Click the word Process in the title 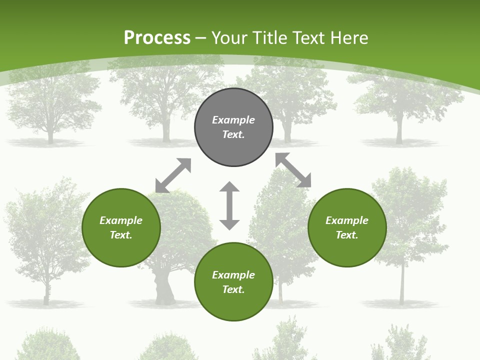pyautogui.click(x=157, y=38)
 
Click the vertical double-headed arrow pyautogui.click(x=229, y=205)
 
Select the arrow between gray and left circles pyautogui.click(x=173, y=175)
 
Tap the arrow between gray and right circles pyautogui.click(x=293, y=170)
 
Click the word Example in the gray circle pyautogui.click(x=233, y=120)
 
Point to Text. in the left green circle pyautogui.click(x=121, y=235)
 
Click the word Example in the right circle pyautogui.click(x=347, y=220)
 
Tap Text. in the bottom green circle pyautogui.click(x=233, y=289)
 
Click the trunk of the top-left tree pyautogui.click(x=50, y=136)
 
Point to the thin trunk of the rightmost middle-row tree pyautogui.click(x=401, y=285)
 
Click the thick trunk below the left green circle pyautogui.click(x=164, y=290)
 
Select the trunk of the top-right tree pyautogui.click(x=399, y=132)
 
